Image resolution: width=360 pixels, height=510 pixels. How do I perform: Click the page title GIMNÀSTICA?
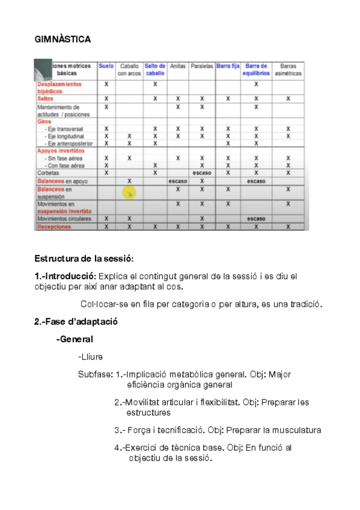63,39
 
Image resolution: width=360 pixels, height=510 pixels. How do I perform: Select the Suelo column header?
106,66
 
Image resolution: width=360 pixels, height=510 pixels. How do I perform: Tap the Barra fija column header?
228,66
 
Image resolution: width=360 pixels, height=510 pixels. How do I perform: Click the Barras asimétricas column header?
288,69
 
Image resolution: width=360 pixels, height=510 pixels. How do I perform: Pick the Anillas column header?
177,66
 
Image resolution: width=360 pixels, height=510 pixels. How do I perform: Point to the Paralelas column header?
202,66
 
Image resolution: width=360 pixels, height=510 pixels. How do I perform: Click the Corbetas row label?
49,173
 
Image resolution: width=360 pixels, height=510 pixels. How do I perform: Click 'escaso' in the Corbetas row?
202,173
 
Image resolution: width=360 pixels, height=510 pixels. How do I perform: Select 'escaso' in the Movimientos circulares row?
256,219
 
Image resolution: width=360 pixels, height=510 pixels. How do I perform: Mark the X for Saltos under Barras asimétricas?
288,98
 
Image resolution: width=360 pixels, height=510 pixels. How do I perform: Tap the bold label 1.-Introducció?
64,276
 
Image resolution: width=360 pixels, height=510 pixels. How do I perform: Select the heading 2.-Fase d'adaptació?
76,321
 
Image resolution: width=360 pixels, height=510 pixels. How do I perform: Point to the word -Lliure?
90,357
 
